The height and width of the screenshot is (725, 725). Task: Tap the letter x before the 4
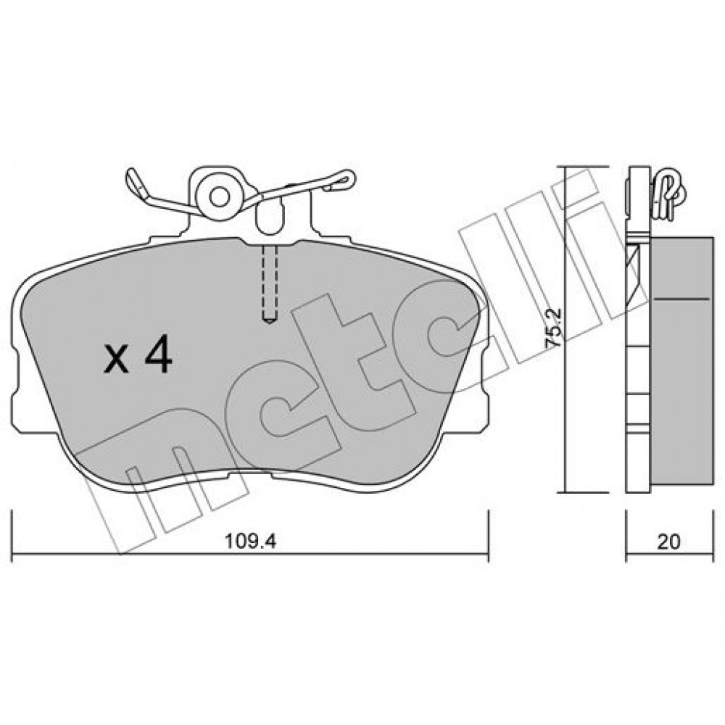pyautogui.click(x=116, y=360)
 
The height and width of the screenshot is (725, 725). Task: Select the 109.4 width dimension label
pyautogui.click(x=251, y=541)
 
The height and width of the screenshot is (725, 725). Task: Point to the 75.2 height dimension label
pyautogui.click(x=553, y=328)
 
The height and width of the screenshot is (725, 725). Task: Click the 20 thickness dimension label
pyautogui.click(x=668, y=542)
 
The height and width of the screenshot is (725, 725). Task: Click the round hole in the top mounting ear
pyautogui.click(x=219, y=196)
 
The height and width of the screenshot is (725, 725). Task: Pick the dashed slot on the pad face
pyautogui.click(x=270, y=283)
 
